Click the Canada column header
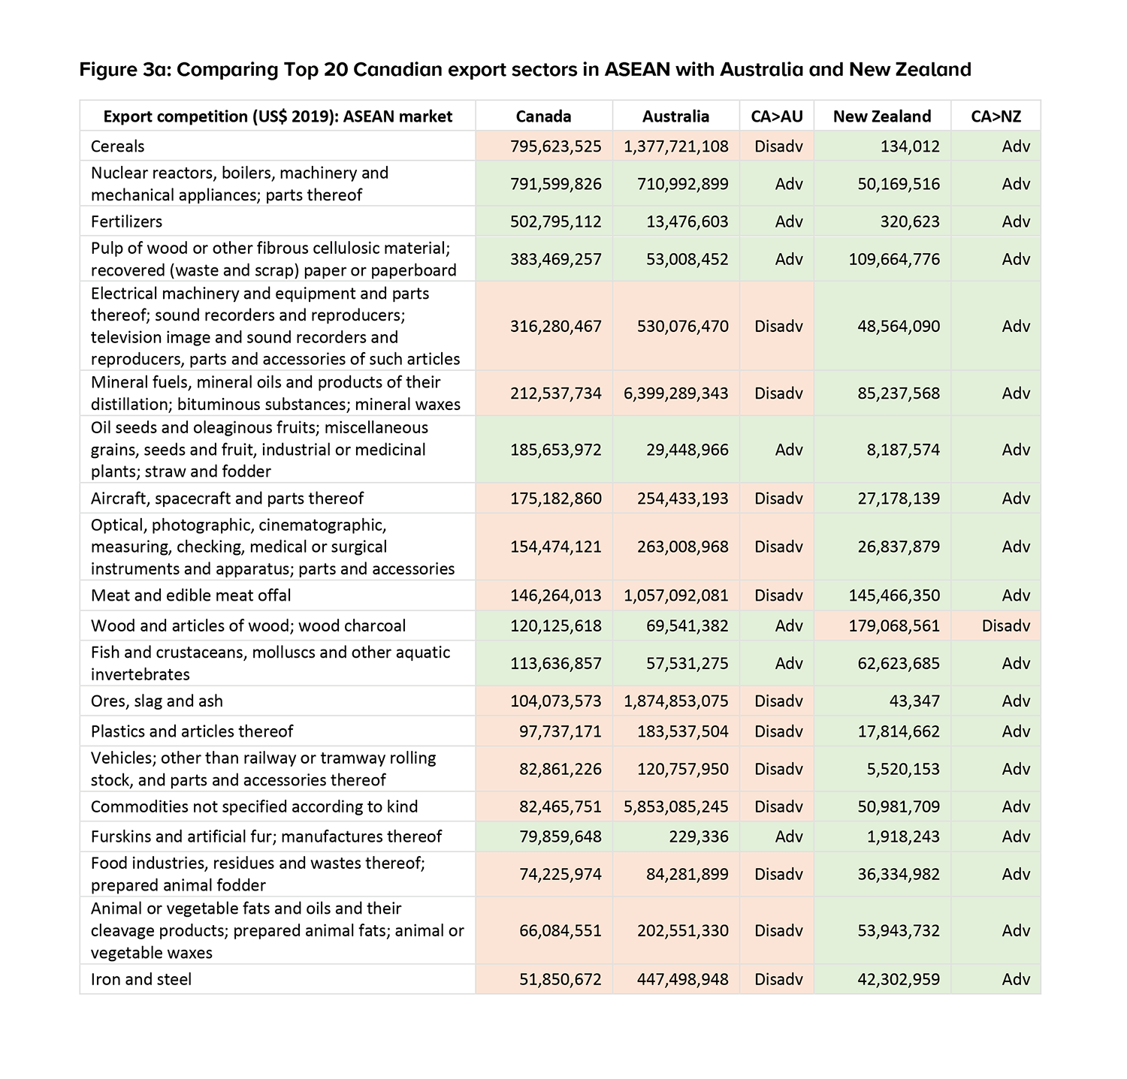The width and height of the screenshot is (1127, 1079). (543, 116)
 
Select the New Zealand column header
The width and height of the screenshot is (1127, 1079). (881, 116)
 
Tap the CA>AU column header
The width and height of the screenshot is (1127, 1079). (776, 116)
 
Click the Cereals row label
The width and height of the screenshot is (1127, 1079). (118, 146)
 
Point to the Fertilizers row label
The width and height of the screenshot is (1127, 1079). (126, 222)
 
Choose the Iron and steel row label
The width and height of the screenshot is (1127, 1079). (141, 979)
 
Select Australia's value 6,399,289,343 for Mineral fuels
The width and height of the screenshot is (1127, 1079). (675, 393)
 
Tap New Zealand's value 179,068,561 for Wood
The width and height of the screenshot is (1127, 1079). (895, 625)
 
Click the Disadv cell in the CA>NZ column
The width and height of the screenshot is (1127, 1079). (1006, 625)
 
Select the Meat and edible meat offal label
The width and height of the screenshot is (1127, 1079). (191, 595)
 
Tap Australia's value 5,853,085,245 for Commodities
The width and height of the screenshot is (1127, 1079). (675, 806)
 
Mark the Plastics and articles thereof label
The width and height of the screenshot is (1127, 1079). (192, 731)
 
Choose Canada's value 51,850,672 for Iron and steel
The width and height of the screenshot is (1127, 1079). (560, 979)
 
